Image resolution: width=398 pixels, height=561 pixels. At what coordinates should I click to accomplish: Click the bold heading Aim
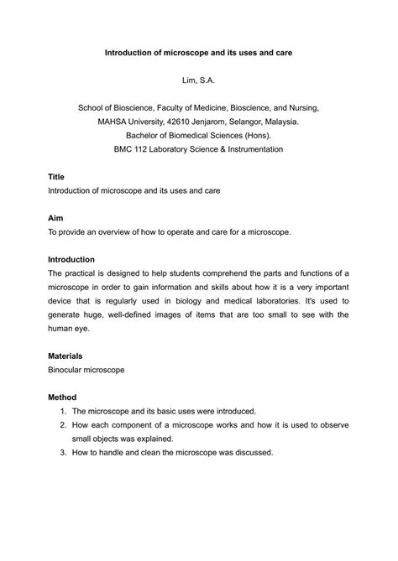click(x=55, y=217)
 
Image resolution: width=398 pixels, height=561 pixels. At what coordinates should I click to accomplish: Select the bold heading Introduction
click(x=71, y=259)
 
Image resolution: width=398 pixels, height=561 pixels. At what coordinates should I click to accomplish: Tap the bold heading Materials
click(x=65, y=356)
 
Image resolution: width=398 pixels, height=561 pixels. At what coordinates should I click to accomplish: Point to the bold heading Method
click(x=61, y=397)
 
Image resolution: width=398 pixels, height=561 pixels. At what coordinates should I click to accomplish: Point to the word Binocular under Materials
click(x=70, y=369)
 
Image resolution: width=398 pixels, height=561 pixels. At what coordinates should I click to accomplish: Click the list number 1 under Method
click(x=63, y=411)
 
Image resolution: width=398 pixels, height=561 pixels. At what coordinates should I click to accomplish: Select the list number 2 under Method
click(x=63, y=425)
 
